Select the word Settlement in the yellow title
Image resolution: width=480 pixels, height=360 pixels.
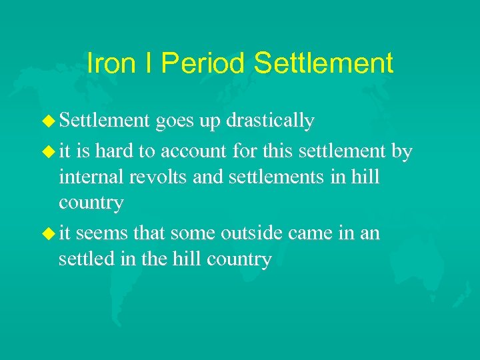tap(324, 63)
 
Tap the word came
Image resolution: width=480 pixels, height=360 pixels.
tap(320, 234)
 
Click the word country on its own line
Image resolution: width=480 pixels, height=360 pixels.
tap(91, 203)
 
